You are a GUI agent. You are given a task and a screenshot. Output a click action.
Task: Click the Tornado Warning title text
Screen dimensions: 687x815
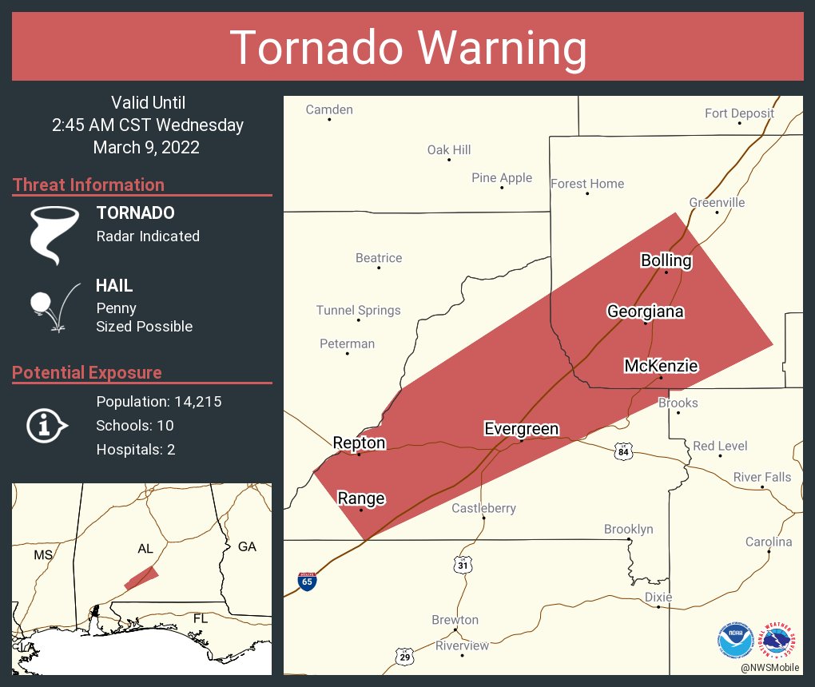tap(408, 48)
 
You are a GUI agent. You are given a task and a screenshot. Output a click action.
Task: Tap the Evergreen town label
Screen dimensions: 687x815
tap(521, 429)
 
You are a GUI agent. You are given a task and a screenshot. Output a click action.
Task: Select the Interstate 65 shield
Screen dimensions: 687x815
tap(307, 581)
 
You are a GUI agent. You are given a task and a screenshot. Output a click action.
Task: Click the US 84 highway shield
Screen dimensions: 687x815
tap(623, 452)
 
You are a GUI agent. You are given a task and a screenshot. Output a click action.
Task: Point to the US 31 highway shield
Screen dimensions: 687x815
tap(463, 565)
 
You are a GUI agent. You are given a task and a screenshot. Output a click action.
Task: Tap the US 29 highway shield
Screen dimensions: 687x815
tap(405, 657)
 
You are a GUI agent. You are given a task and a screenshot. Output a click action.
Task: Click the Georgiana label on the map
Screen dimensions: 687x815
tap(645, 312)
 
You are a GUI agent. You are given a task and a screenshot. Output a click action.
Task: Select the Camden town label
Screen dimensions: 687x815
tap(329, 109)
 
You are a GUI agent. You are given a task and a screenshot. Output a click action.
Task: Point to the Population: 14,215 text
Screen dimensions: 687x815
tap(158, 401)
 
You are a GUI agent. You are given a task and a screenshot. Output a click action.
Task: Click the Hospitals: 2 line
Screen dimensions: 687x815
tap(136, 449)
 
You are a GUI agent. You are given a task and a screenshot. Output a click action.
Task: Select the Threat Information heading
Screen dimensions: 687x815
tap(88, 185)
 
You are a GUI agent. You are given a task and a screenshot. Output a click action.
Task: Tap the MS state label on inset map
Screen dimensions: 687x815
tap(42, 554)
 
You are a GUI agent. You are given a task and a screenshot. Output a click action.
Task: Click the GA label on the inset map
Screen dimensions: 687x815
tap(247, 546)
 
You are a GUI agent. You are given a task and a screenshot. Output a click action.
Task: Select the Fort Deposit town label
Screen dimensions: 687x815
tap(739, 113)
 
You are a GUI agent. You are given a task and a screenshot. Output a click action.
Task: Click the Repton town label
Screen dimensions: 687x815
tap(359, 443)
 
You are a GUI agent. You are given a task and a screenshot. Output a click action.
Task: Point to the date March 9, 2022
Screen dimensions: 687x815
tap(146, 148)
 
